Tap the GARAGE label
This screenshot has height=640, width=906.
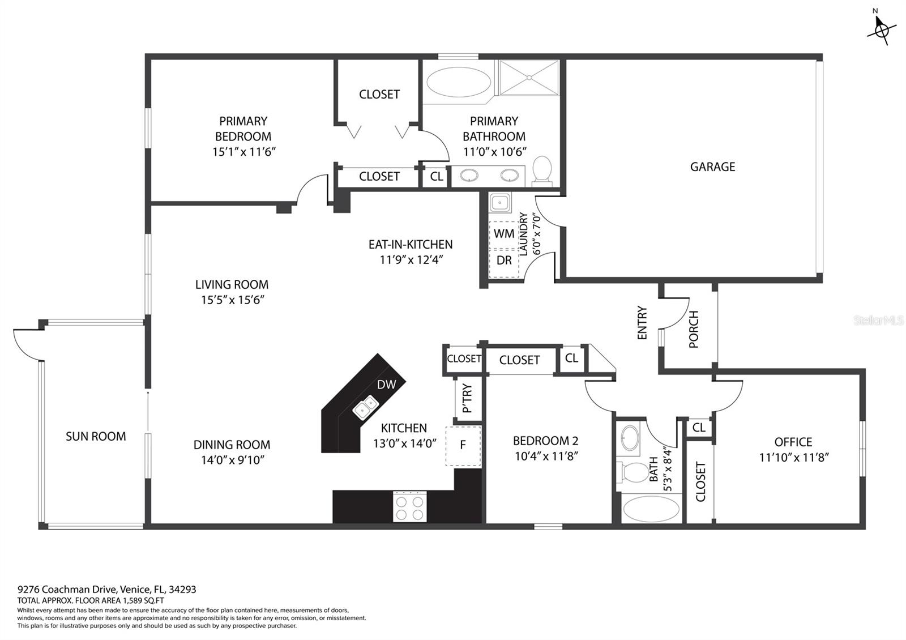(x=712, y=167)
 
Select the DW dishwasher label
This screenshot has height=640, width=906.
(x=386, y=385)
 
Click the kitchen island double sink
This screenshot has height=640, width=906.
(x=365, y=407)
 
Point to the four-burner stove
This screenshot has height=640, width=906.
(x=410, y=506)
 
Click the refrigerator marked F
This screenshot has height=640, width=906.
(x=463, y=446)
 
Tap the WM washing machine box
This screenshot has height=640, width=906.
(x=503, y=234)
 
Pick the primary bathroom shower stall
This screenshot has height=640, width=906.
(x=529, y=78)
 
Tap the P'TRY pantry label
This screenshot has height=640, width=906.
(x=467, y=398)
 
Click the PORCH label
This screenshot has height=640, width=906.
(x=693, y=329)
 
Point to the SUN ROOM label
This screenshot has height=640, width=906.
(x=96, y=436)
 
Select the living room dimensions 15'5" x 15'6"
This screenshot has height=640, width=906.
(x=233, y=300)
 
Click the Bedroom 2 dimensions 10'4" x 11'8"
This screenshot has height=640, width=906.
(x=546, y=456)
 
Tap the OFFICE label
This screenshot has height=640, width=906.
(x=793, y=442)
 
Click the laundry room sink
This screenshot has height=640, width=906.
(x=500, y=202)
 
